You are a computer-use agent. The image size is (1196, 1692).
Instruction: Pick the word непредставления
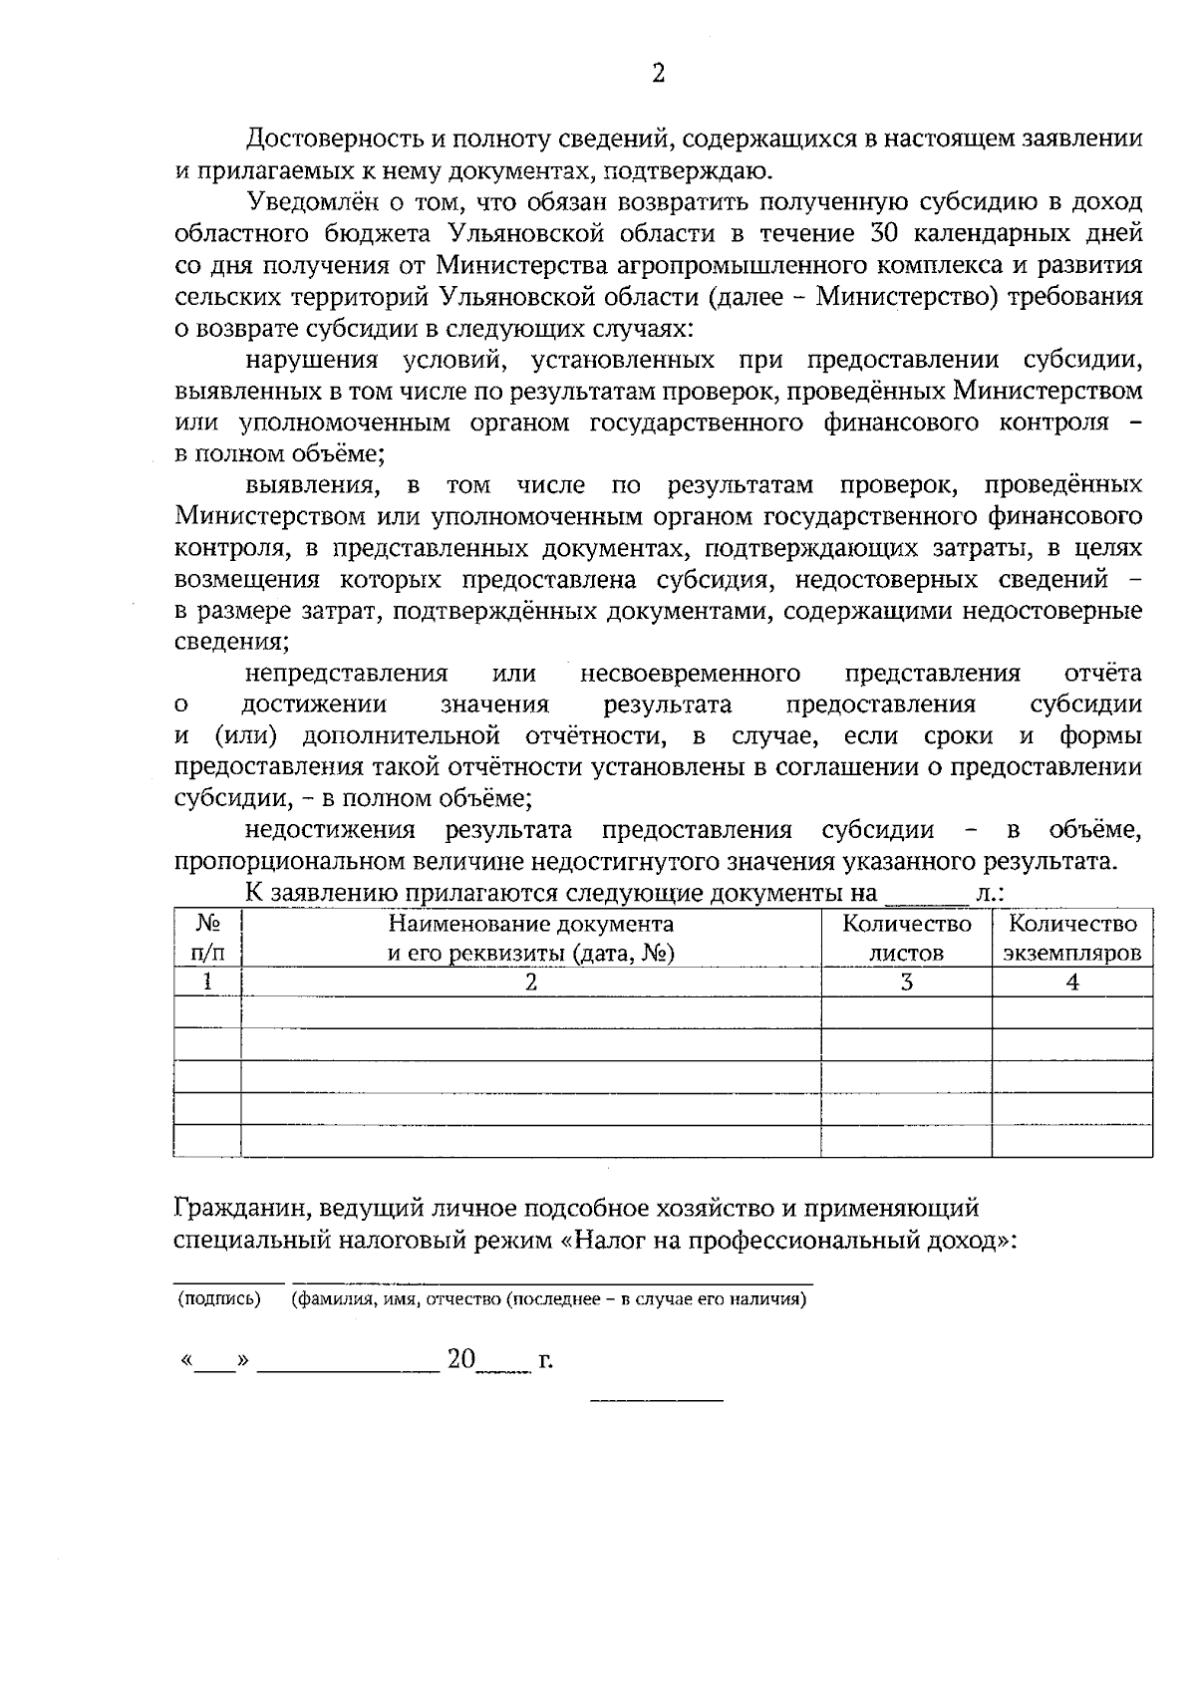pyautogui.click(x=346, y=674)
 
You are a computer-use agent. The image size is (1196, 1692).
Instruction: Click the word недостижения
pyautogui.click(x=330, y=830)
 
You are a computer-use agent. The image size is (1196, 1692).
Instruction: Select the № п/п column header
pyautogui.click(x=206, y=939)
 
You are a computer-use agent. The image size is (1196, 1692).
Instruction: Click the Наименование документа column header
pyautogui.click(x=530, y=939)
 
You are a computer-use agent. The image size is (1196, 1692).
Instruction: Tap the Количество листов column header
pyautogui.click(x=906, y=939)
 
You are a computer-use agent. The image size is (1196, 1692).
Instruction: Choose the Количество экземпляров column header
pyautogui.click(x=1071, y=939)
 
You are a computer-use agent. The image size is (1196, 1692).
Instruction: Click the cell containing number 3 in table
pyautogui.click(x=906, y=983)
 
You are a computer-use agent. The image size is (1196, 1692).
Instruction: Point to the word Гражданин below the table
pyautogui.click(x=231, y=1209)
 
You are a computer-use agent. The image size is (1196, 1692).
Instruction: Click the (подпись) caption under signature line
pyautogui.click(x=219, y=1299)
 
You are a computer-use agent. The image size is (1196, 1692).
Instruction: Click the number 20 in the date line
pyautogui.click(x=461, y=1359)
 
